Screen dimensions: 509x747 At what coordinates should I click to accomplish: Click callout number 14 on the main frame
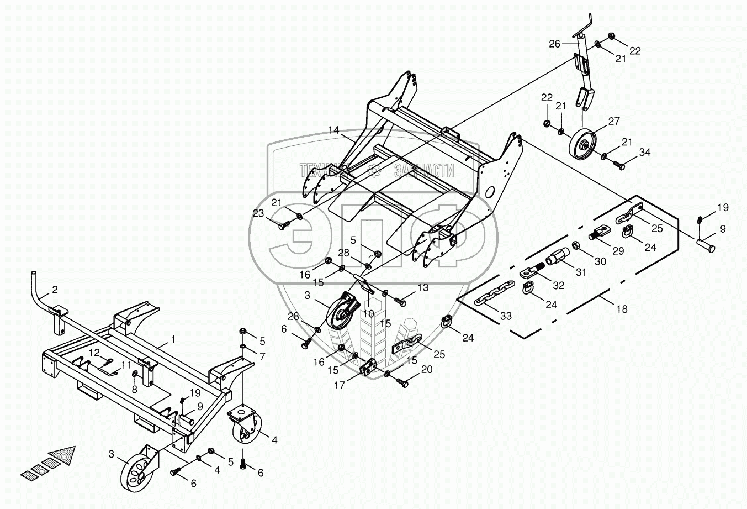333,130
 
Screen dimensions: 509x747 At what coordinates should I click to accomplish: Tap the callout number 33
506,316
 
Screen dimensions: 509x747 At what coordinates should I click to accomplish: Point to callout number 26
554,44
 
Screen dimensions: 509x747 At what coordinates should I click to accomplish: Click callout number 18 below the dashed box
622,309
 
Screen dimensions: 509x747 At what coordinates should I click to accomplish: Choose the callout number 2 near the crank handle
55,289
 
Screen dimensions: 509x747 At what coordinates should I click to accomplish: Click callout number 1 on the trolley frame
173,339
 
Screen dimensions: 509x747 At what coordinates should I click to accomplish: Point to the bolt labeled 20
402,382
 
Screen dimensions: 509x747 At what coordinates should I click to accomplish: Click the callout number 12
94,352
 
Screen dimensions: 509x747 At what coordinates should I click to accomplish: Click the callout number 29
618,251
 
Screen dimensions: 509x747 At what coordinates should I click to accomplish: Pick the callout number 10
368,313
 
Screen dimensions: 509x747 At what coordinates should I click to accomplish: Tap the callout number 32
559,285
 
